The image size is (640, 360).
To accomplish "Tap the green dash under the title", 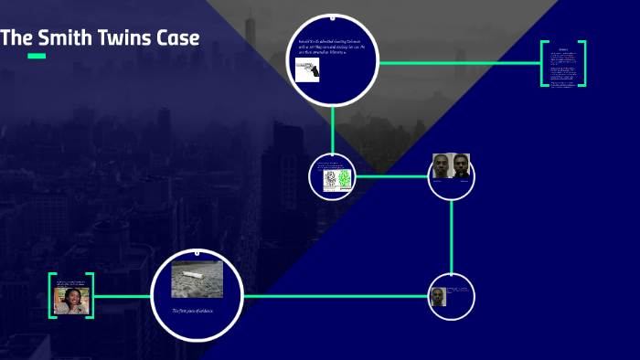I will (x=37, y=57).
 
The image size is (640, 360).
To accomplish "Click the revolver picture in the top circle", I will (x=306, y=71).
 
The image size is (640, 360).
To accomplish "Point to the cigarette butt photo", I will (x=197, y=278).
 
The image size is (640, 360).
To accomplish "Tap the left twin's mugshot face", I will (x=442, y=166).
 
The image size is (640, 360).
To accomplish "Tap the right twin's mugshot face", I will (x=460, y=166).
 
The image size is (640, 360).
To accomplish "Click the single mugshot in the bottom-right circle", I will (x=437, y=298).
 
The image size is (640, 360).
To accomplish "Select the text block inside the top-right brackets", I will (x=563, y=64).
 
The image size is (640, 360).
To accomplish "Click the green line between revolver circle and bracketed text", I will (x=457, y=63).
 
